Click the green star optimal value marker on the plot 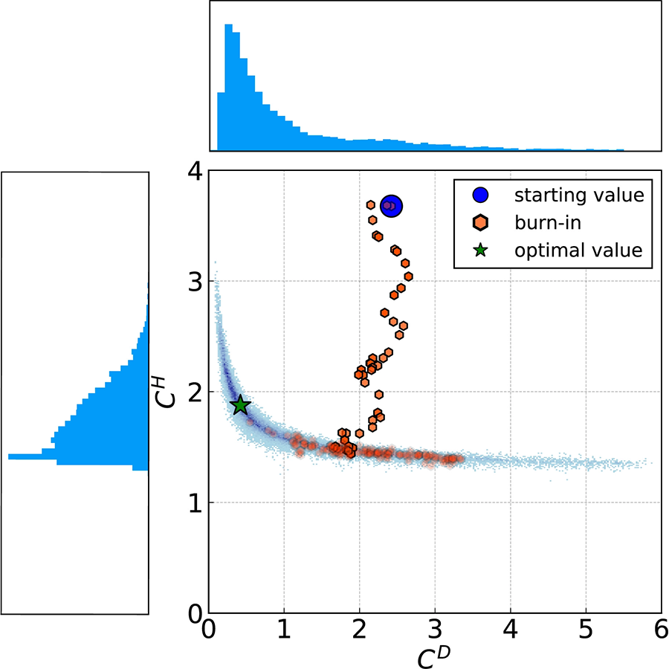coord(240,405)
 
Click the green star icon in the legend coord(481,250)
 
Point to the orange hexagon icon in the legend coord(481,223)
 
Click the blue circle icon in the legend coord(481,196)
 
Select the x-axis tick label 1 coord(284,631)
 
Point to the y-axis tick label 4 coord(194,172)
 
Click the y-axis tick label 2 coord(194,392)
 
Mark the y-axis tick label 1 coord(194,503)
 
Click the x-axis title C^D coord(432,655)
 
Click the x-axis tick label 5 coord(585,631)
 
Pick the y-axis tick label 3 coord(194,282)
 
